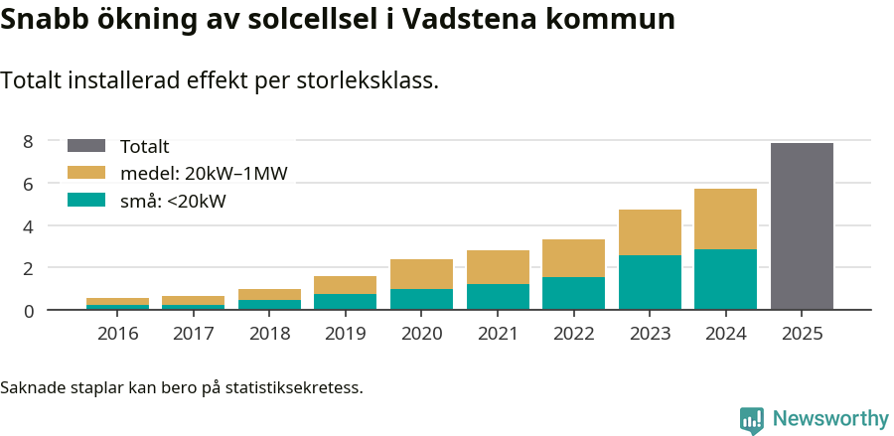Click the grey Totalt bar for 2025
coord(802,226)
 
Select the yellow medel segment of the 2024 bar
coord(725,218)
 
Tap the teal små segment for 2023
coord(650,282)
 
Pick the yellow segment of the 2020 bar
coord(421,274)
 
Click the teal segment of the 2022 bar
coord(573,293)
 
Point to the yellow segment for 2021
coord(498,267)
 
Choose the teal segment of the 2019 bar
coord(345,301)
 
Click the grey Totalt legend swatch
coord(85,146)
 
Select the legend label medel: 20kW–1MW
coord(204,174)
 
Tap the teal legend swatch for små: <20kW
coord(85,201)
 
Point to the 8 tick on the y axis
coord(28,141)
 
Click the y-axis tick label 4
coord(28,225)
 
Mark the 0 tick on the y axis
coord(28,310)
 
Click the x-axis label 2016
coord(117,333)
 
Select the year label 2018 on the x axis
coord(269,333)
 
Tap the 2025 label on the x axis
coord(802,333)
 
